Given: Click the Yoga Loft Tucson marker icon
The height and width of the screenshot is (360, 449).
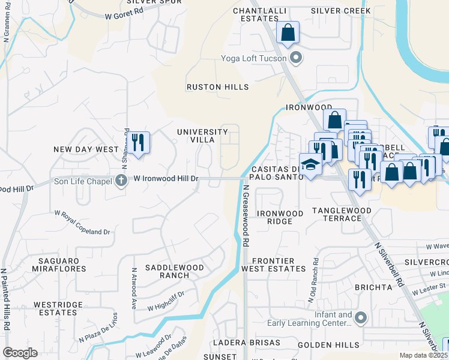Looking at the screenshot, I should pos(295,58).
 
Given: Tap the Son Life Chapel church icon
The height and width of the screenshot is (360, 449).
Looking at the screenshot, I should pos(121,180).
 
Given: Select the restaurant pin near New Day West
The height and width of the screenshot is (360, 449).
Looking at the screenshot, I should pos(139,143).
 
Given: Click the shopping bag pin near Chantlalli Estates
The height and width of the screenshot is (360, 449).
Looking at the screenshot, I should pos(288,33).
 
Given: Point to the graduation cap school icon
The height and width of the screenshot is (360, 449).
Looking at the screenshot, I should pos(311,164).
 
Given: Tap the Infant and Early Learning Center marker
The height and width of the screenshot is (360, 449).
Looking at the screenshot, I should pos(361,317).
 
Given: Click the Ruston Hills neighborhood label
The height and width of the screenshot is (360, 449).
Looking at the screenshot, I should pos(217,87).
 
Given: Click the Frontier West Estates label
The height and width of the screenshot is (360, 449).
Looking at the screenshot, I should pos(273,265).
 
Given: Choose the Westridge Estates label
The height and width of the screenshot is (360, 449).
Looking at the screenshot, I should pos(58,308).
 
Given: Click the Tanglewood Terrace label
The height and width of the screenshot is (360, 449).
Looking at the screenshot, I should pos(342,214).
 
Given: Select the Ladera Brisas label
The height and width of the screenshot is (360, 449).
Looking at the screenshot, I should pos(246,342).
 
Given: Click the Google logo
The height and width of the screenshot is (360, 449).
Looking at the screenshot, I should pos(20,352).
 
